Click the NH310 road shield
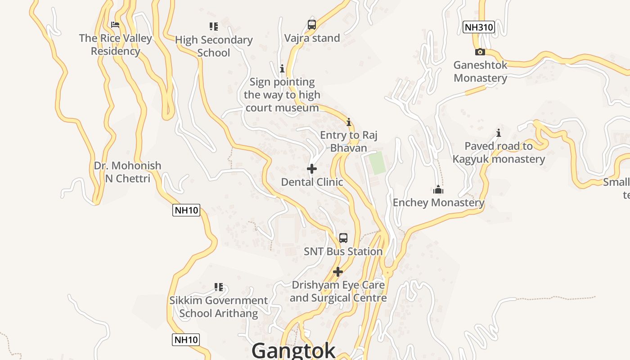point(479,27)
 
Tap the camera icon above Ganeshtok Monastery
point(480,52)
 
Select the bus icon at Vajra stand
point(312,25)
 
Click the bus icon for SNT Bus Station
point(343,238)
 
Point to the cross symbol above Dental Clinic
point(312,169)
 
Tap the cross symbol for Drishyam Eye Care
point(338,272)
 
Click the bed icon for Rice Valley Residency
point(115,25)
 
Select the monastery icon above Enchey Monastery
point(438,189)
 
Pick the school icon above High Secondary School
point(213,27)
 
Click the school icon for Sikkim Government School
point(219,287)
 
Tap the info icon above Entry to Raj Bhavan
point(348,122)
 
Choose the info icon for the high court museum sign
point(282,68)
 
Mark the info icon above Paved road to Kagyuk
point(499,133)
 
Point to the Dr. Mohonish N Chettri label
point(127,172)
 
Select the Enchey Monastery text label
point(438,202)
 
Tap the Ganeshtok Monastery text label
point(480,71)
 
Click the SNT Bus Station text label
point(343,252)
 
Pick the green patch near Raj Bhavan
point(378,163)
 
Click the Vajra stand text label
point(312,38)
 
